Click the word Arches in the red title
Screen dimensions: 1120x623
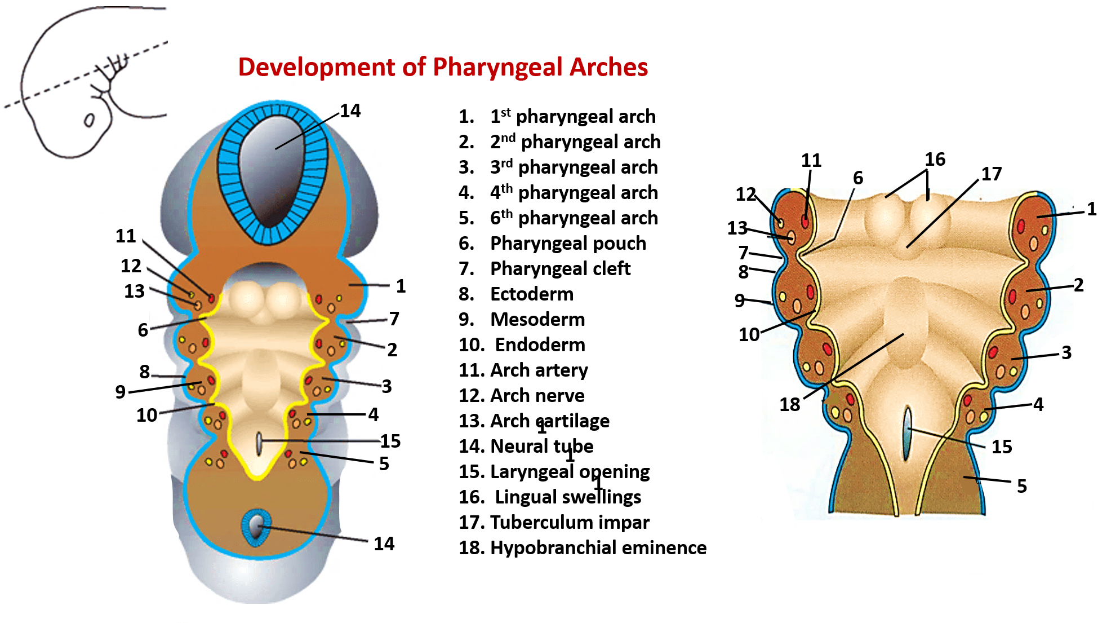pyautogui.click(x=608, y=67)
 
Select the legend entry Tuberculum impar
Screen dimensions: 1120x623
pyautogui.click(x=570, y=522)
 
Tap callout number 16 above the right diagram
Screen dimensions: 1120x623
pyautogui.click(x=935, y=160)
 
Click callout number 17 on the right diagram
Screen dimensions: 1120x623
pyautogui.click(x=992, y=174)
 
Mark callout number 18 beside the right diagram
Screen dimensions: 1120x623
pyautogui.click(x=789, y=404)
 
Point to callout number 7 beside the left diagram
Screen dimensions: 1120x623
pyautogui.click(x=394, y=319)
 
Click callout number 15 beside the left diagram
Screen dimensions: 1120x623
pyautogui.click(x=390, y=441)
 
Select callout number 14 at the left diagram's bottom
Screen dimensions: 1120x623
pyautogui.click(x=384, y=544)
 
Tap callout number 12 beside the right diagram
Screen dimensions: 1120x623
pyautogui.click(x=746, y=195)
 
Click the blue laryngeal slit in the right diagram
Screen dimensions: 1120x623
pyautogui.click(x=907, y=434)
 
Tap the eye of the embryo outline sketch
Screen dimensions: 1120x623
pyautogui.click(x=89, y=120)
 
